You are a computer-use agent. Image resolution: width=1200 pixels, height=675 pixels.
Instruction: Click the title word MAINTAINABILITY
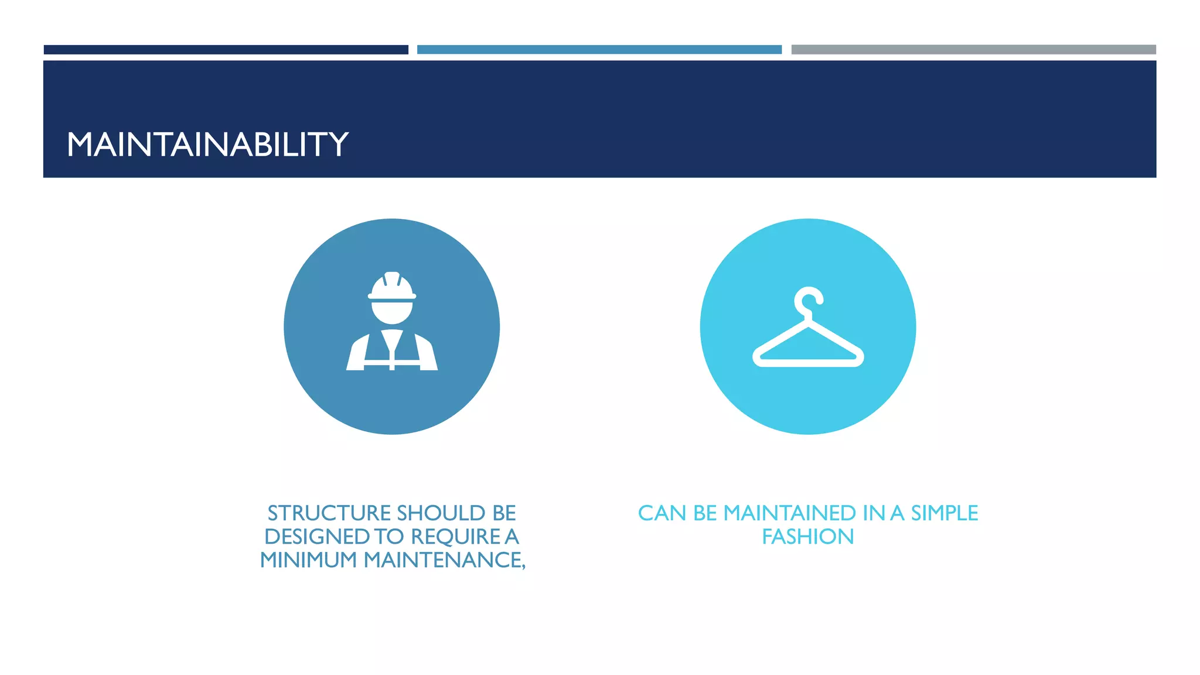coord(207,144)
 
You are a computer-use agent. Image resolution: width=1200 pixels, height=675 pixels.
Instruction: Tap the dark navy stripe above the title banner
coord(226,50)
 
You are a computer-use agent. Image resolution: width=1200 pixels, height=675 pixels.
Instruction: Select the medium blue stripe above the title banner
coord(599,50)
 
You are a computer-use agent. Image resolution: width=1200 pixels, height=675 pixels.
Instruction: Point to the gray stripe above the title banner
coord(973,50)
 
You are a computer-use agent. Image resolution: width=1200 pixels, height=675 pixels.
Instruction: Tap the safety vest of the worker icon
coord(392,352)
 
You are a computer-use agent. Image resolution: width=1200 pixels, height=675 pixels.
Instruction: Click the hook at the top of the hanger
coord(809,300)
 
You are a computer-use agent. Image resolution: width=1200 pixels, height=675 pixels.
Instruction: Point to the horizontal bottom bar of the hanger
coord(808,362)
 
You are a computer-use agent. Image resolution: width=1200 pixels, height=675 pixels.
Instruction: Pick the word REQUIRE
coord(455,537)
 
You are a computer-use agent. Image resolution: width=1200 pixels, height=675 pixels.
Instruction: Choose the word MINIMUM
coord(308,560)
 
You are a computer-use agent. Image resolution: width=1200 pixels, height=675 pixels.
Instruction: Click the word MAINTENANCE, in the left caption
coord(444,560)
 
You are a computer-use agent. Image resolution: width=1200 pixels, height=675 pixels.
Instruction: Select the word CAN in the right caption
coord(662,513)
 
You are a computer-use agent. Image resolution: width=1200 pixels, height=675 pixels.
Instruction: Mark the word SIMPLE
coord(944,513)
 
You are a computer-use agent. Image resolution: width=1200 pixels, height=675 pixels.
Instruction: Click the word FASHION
coord(808,537)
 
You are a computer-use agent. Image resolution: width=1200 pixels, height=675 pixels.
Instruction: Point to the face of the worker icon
coord(392,312)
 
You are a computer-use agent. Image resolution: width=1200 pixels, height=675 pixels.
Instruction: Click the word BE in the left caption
coord(504,513)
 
